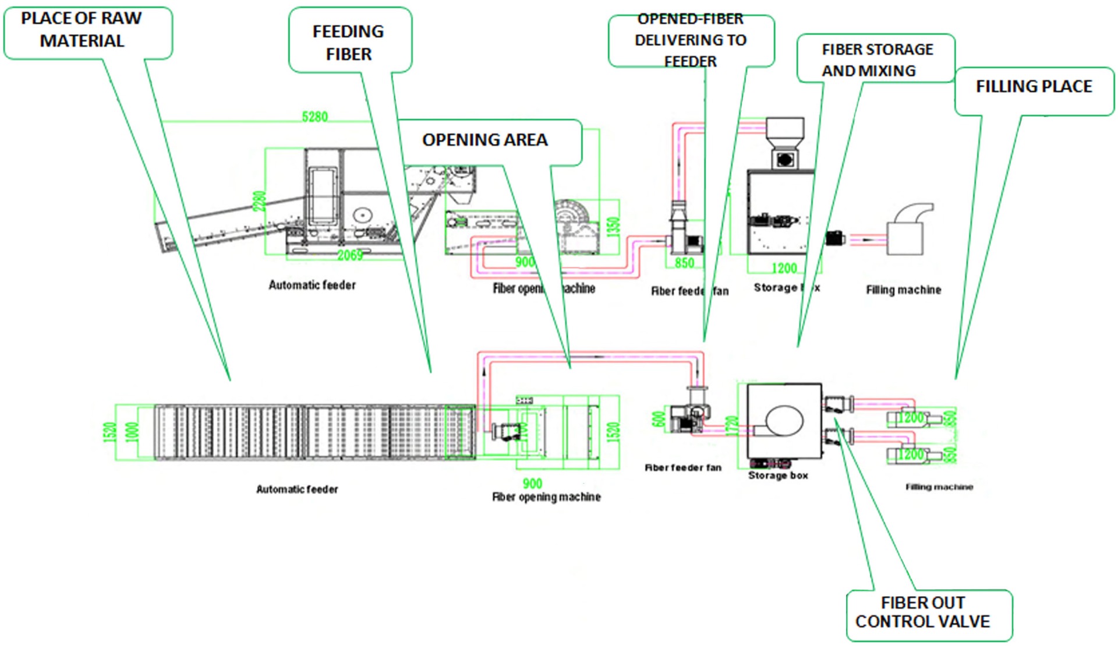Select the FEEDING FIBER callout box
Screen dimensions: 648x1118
(349, 41)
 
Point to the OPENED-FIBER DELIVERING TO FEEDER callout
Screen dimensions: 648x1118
(691, 40)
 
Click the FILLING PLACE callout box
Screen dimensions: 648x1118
(1034, 88)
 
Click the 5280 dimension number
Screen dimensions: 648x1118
(315, 117)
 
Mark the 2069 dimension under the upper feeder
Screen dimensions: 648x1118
(349, 255)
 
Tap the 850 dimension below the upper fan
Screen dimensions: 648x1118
(685, 263)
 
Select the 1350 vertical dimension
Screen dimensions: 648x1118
(613, 227)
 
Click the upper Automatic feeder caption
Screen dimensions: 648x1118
(312, 285)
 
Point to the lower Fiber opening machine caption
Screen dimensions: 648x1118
(547, 497)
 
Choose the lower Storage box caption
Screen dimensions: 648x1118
(778, 476)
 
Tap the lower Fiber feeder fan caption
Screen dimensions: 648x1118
(683, 467)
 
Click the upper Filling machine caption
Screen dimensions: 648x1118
(903, 290)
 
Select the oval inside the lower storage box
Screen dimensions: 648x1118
(784, 420)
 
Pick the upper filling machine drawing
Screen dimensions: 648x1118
(908, 230)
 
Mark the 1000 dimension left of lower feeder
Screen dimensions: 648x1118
(133, 431)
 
